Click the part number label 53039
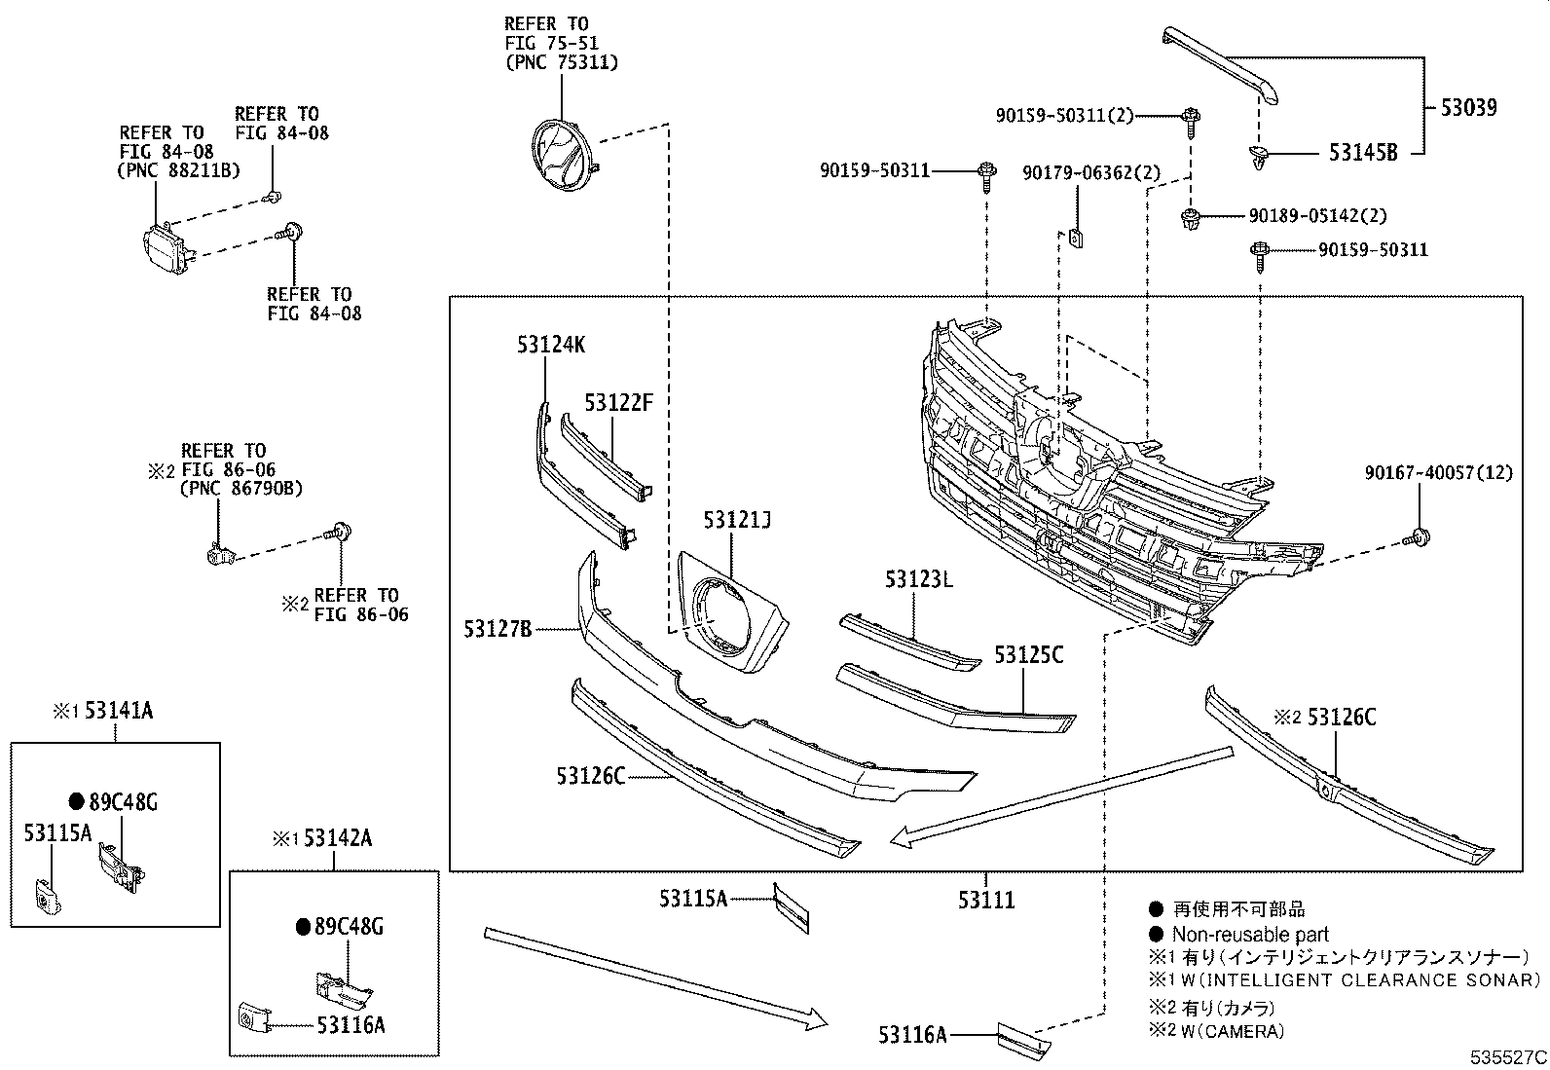tap(1469, 107)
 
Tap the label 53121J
tap(737, 521)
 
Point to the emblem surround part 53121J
tap(731, 613)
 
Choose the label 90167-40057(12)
tap(1438, 472)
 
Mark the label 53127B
tap(498, 629)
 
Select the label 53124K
tap(551, 345)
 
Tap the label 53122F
tap(618, 402)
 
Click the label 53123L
tap(919, 579)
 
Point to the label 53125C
tap(1028, 655)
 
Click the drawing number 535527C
tap(1508, 1055)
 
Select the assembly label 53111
tap(986, 900)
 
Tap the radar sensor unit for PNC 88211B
tap(166, 248)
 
